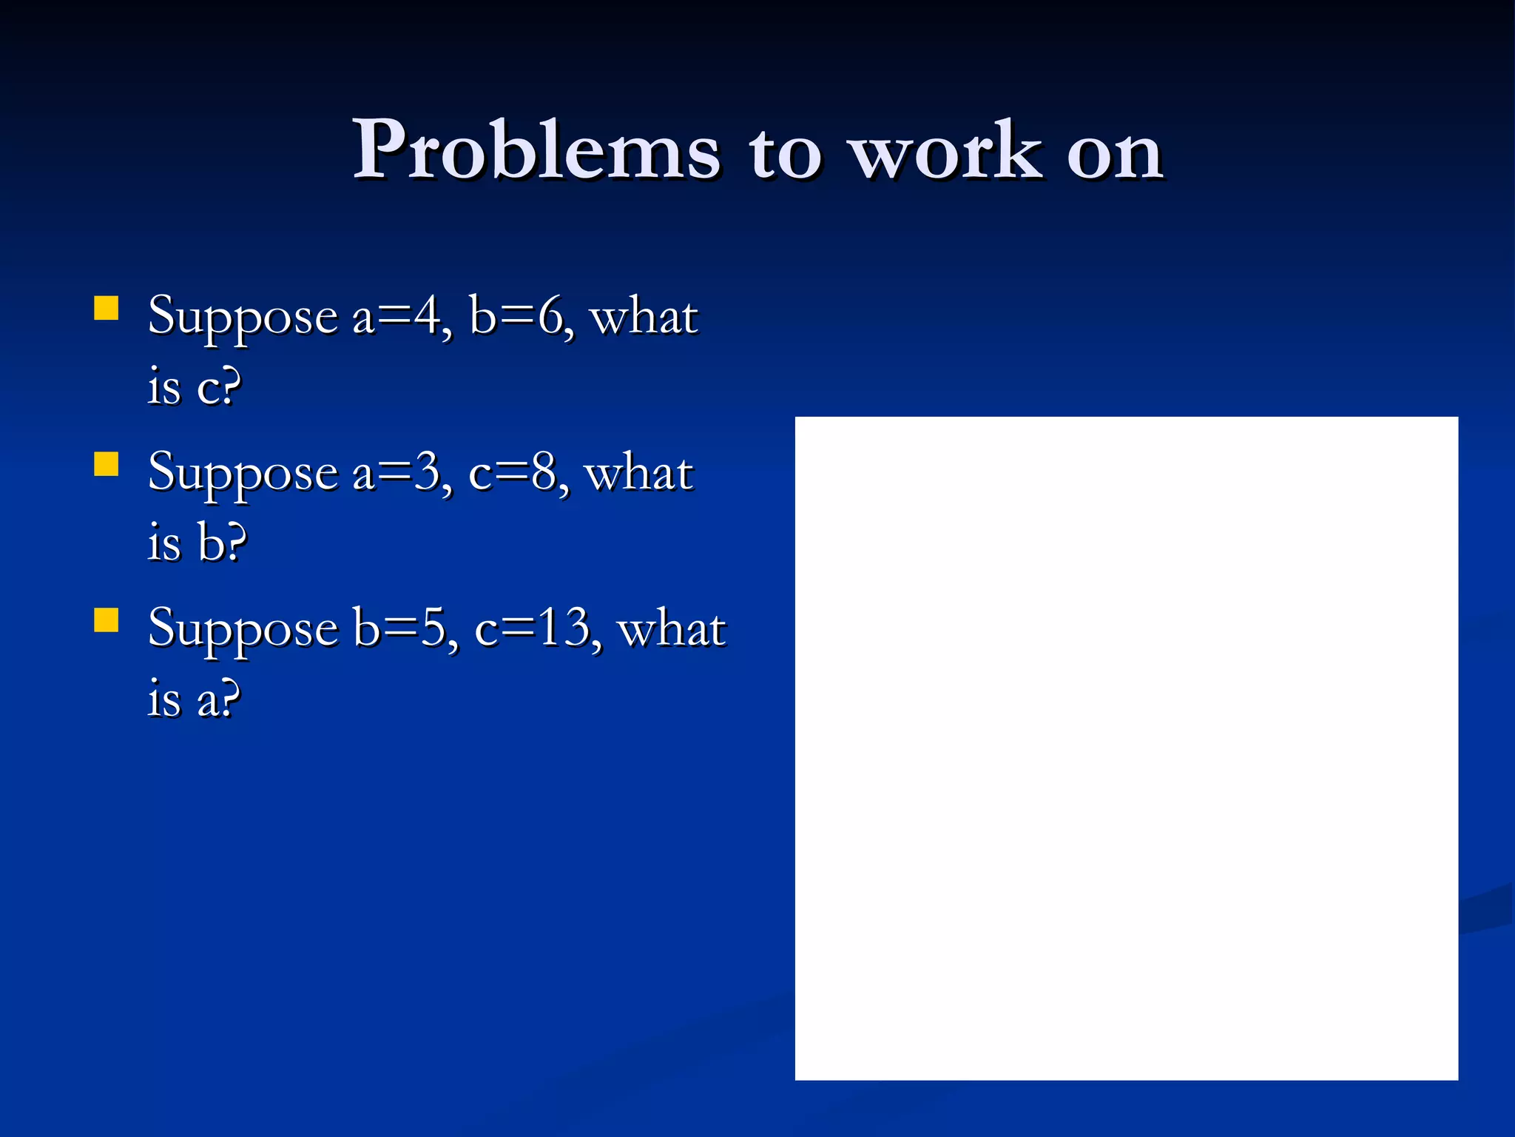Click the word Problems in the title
[x=536, y=151]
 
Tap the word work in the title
[x=947, y=151]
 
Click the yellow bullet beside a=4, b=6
[x=107, y=308]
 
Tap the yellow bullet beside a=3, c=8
[x=107, y=464]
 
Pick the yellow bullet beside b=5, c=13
[x=107, y=620]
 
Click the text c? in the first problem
[x=219, y=388]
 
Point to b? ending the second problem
[x=222, y=543]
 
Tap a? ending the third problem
[x=219, y=699]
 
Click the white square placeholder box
[x=1126, y=748]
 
